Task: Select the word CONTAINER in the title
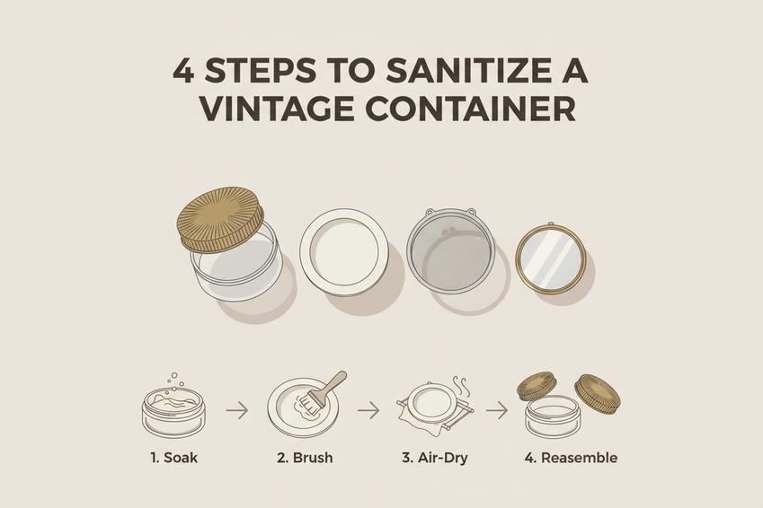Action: (x=471, y=109)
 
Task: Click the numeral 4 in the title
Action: (x=183, y=72)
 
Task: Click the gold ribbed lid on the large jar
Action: (x=220, y=219)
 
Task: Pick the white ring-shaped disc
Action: (x=344, y=252)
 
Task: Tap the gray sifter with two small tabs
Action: (x=450, y=250)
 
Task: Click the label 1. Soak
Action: (x=173, y=458)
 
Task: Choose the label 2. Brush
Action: (x=305, y=458)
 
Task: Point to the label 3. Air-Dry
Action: (x=435, y=458)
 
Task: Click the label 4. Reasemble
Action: (x=571, y=458)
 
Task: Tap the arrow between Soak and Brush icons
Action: (x=237, y=410)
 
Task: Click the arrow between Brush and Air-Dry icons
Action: (x=368, y=411)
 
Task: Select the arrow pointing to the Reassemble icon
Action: (x=497, y=411)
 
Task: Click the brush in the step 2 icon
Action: (x=322, y=390)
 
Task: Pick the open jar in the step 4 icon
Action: (x=554, y=416)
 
